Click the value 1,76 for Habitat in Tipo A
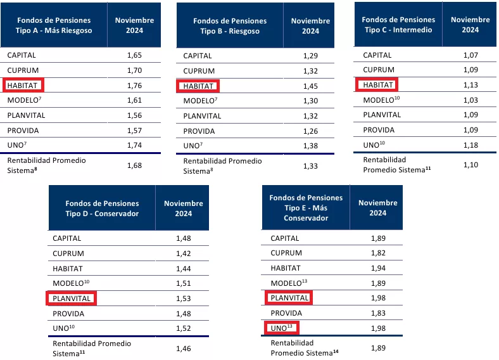point(135,86)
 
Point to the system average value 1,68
point(135,166)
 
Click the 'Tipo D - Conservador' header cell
point(101,208)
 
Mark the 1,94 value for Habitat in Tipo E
point(378,269)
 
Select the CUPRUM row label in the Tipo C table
point(379,70)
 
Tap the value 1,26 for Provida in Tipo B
point(310,131)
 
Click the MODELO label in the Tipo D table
point(71,283)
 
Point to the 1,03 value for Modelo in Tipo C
point(470,100)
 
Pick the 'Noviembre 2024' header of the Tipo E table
point(378,208)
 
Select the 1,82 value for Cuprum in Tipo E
point(378,253)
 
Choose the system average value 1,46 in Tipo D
point(184,348)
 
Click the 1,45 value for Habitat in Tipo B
point(310,86)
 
